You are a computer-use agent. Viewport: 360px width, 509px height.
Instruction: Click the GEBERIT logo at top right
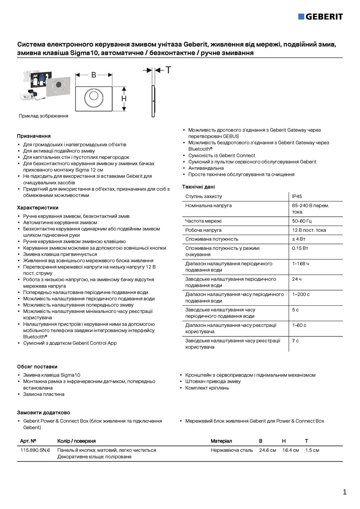tap(321, 16)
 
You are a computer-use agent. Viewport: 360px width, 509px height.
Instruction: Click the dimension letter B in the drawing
tap(94, 74)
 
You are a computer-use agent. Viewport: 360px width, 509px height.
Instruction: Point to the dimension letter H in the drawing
tap(124, 99)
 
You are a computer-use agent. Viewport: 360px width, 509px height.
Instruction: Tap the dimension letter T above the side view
tap(168, 70)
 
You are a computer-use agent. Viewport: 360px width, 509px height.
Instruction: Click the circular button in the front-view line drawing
tap(94, 96)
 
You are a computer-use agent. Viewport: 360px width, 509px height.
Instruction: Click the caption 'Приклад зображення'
tap(43, 116)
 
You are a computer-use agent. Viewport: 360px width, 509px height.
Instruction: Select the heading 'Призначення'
tap(33, 136)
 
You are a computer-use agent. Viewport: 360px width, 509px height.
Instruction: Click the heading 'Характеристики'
tap(37, 208)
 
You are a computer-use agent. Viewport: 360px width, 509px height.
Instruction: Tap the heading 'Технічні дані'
tap(198, 187)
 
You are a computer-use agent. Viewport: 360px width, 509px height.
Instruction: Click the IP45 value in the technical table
tap(297, 196)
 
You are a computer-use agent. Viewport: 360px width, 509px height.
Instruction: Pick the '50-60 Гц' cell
tap(302, 221)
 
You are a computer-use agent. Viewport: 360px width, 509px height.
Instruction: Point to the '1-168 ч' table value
tap(300, 264)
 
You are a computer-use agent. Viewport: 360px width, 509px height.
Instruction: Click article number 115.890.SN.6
tap(35, 450)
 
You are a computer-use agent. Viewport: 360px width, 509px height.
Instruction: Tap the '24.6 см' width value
tap(267, 450)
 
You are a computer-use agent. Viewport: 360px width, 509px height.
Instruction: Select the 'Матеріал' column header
tap(221, 441)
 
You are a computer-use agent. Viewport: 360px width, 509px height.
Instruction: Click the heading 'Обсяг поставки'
tap(37, 367)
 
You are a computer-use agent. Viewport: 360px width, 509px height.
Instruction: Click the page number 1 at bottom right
tap(344, 492)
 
